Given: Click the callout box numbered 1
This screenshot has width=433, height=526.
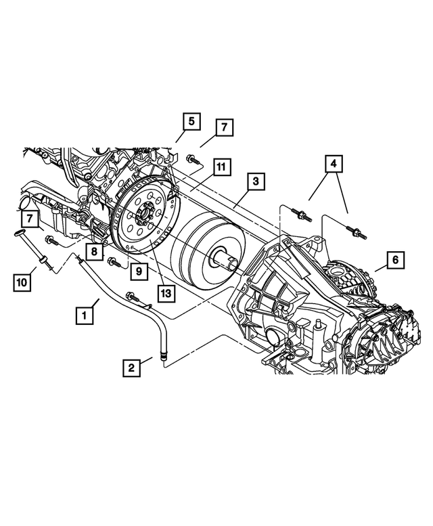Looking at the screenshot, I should point(85,315).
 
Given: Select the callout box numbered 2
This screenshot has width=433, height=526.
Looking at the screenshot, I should point(131,368).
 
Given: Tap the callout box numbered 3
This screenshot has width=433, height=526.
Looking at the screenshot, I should point(255,181).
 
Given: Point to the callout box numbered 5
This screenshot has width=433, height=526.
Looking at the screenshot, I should point(191,122).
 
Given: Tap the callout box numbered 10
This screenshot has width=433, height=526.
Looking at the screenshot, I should point(22,281).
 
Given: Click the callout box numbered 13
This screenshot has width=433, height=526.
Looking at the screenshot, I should point(165,293).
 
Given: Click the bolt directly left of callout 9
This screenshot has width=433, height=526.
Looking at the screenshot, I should point(113,261).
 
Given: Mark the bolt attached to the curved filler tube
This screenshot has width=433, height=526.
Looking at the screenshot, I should point(131,295).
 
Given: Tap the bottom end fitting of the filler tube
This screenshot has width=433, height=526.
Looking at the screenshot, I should point(161,353).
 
